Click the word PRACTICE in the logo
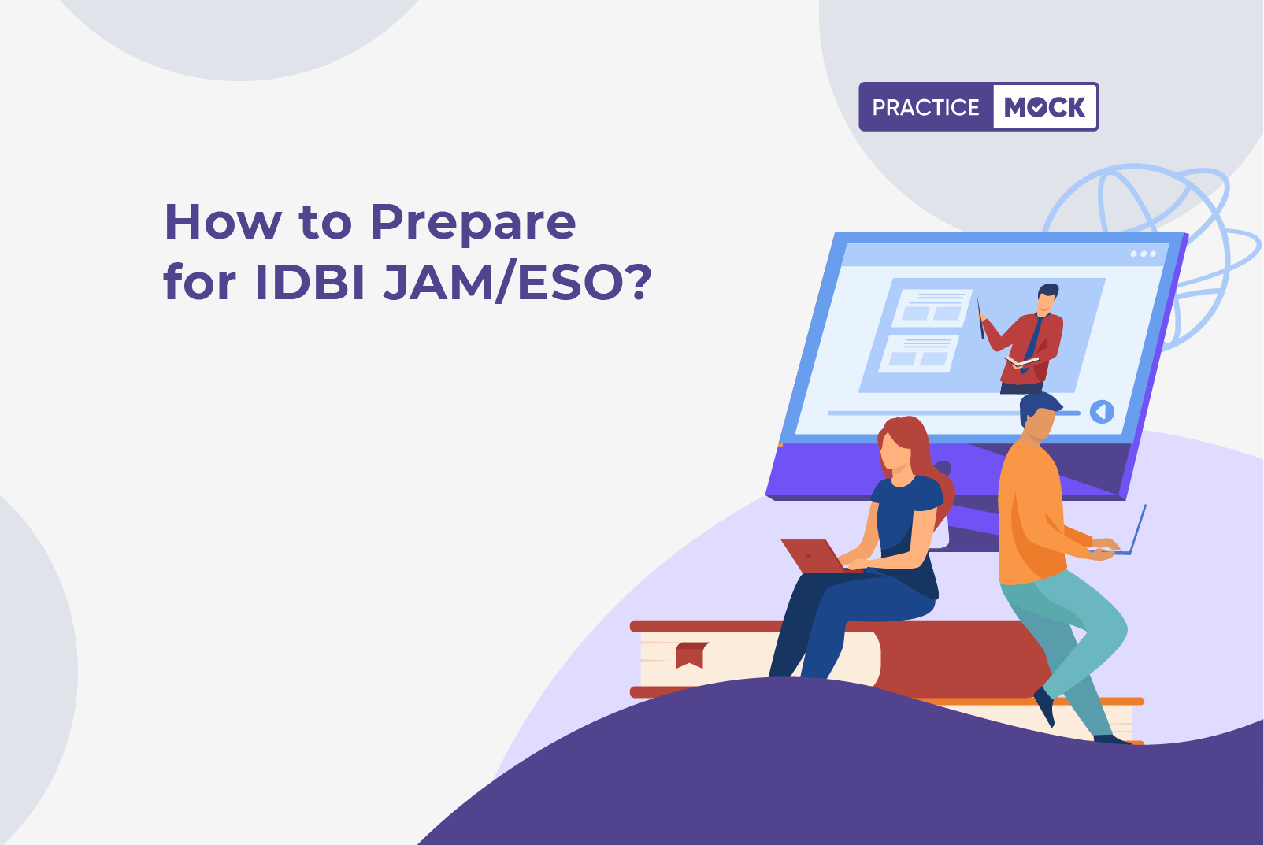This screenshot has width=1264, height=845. (x=925, y=107)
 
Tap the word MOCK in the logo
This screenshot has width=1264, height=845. (x=1044, y=107)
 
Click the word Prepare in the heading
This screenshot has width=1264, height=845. (x=473, y=224)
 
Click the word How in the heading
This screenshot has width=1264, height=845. (x=223, y=222)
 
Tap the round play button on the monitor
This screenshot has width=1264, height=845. (x=1102, y=412)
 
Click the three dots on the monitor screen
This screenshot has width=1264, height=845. (x=1144, y=254)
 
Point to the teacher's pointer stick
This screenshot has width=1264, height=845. (x=980, y=319)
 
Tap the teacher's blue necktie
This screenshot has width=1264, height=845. (x=1034, y=342)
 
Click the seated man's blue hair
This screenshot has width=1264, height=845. (x=1038, y=407)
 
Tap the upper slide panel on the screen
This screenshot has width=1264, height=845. (x=932, y=308)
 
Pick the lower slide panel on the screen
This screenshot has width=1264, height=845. (x=920, y=354)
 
